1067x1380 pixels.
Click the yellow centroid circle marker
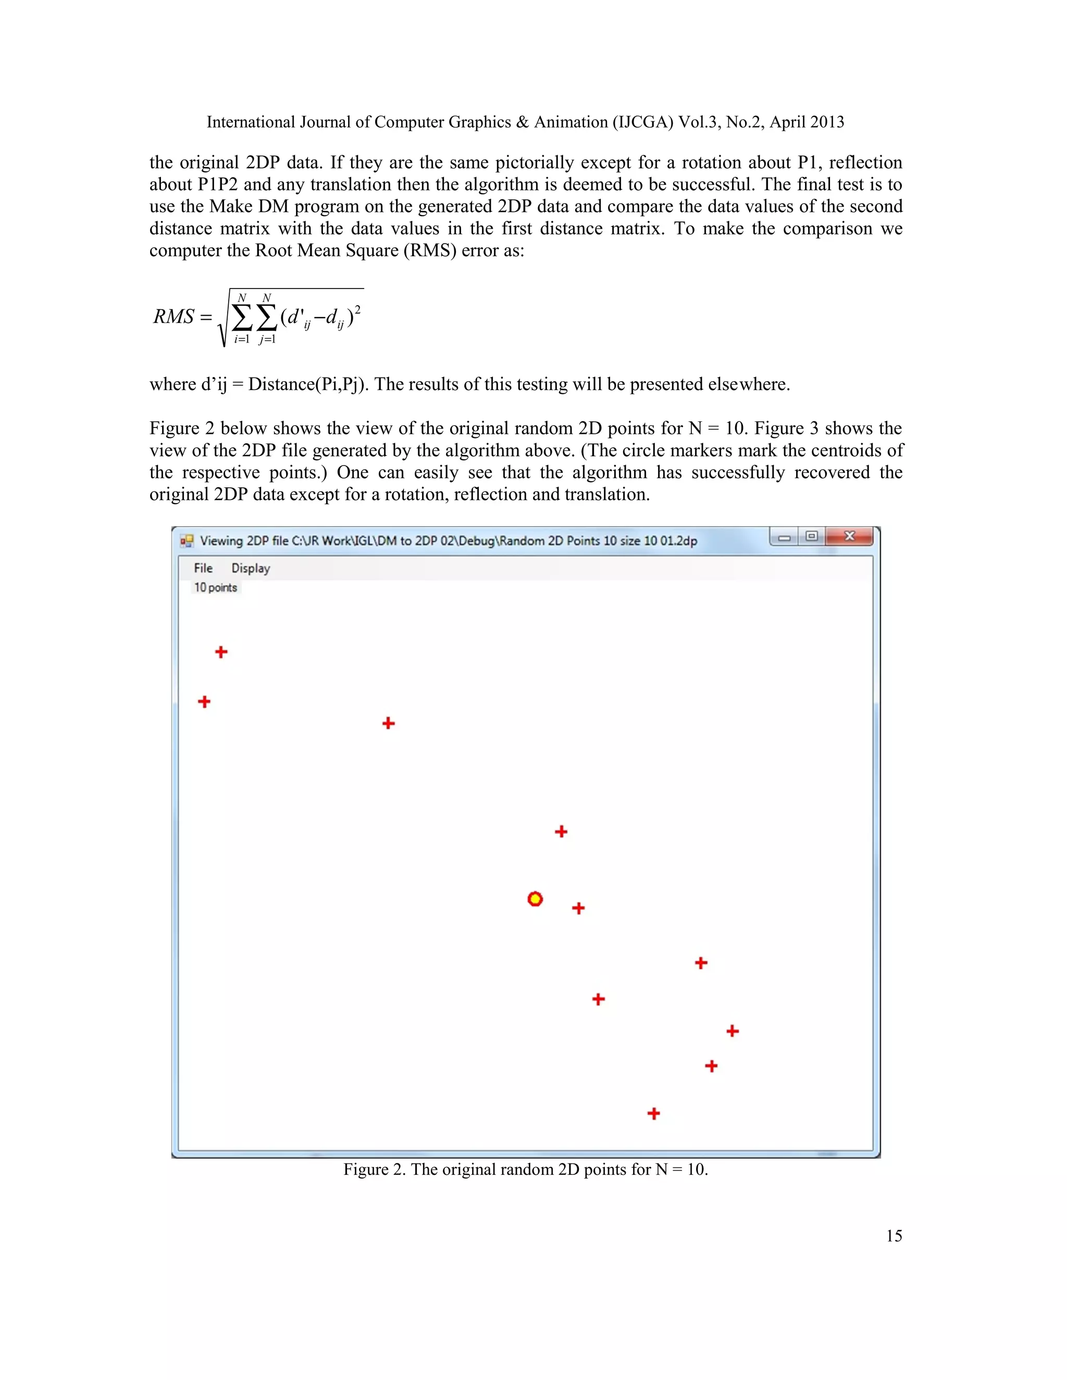pyautogui.click(x=535, y=898)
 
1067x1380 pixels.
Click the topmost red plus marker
pyautogui.click(x=220, y=651)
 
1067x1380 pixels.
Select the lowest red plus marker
pyautogui.click(x=654, y=1113)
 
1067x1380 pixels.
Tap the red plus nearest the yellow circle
pyautogui.click(x=578, y=908)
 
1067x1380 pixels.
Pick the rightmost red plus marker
pyautogui.click(x=732, y=1031)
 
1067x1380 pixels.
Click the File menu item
pyautogui.click(x=203, y=568)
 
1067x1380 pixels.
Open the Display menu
pyautogui.click(x=250, y=568)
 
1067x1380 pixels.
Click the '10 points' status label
pyautogui.click(x=216, y=587)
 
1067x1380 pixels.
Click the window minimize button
pyautogui.click(x=784, y=537)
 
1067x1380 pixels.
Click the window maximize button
pyautogui.click(x=812, y=536)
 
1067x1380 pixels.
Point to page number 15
pyautogui.click(x=894, y=1236)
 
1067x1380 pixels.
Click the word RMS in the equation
pyautogui.click(x=173, y=317)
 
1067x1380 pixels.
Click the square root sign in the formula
pyautogui.click(x=222, y=319)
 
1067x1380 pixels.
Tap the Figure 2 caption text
pyautogui.click(x=525, y=1170)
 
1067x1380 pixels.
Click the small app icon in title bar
pyautogui.click(x=187, y=541)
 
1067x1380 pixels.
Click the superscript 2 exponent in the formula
pyautogui.click(x=358, y=309)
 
